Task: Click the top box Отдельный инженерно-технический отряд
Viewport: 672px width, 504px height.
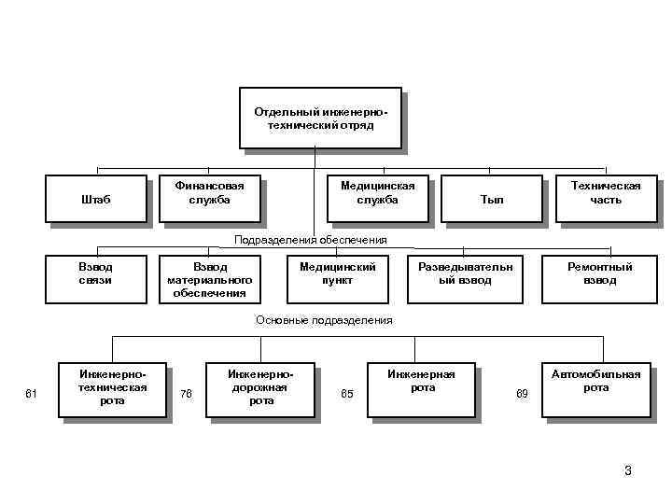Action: point(320,119)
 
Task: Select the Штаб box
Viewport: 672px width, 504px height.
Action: point(97,200)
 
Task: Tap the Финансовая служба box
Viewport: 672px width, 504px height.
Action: point(209,193)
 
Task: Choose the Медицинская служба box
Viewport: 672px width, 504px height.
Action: point(377,193)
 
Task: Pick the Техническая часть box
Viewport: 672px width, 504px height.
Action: point(606,193)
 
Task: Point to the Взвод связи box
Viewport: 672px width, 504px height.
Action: point(96,276)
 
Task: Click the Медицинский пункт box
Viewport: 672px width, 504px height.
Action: point(338,276)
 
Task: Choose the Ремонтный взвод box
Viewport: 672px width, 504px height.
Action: point(600,276)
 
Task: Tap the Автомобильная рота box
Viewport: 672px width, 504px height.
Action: point(595,385)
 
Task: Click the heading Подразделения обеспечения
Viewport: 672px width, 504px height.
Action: point(311,241)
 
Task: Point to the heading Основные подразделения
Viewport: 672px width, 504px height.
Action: point(324,320)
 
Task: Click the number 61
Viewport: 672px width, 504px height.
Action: point(31,394)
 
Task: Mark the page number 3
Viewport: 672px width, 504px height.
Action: point(628,471)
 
